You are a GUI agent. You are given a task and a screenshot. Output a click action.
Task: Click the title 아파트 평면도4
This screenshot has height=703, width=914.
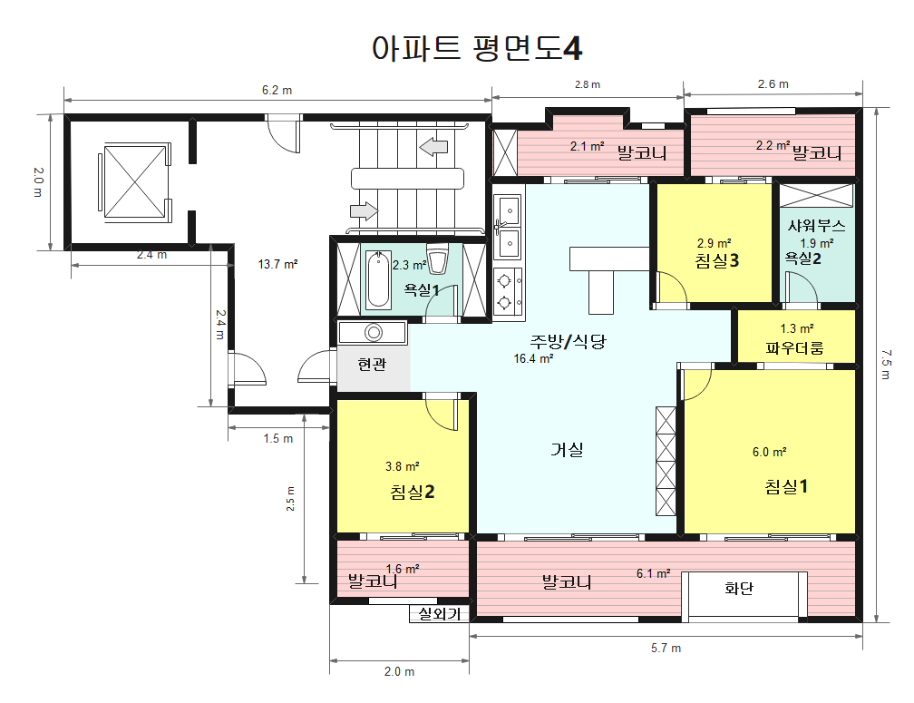pyautogui.click(x=477, y=48)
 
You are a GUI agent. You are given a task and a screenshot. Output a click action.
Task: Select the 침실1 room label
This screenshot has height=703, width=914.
pyautogui.click(x=786, y=486)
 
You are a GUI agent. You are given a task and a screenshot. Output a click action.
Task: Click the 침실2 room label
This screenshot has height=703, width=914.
pyautogui.click(x=413, y=492)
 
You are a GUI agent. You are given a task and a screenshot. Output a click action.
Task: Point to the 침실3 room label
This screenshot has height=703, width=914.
pyautogui.click(x=716, y=261)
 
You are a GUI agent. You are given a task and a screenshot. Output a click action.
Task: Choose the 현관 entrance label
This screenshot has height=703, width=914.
pyautogui.click(x=372, y=365)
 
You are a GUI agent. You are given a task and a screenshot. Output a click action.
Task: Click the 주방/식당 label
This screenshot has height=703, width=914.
pyautogui.click(x=568, y=341)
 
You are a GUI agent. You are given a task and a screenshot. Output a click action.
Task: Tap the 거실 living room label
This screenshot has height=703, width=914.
pyautogui.click(x=567, y=449)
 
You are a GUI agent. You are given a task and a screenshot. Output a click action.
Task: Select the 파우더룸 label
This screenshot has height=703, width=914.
pyautogui.click(x=794, y=347)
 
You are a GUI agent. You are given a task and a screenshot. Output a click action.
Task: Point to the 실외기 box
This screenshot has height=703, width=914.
pyautogui.click(x=440, y=614)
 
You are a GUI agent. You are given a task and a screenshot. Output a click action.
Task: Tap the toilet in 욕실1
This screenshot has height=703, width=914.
pyautogui.click(x=438, y=260)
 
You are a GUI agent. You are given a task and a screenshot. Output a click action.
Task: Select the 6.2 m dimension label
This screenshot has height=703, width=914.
pyautogui.click(x=277, y=90)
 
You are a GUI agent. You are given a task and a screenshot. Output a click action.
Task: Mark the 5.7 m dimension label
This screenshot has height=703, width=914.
pyautogui.click(x=666, y=648)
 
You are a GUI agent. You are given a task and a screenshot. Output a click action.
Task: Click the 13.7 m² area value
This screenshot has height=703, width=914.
pyautogui.click(x=278, y=265)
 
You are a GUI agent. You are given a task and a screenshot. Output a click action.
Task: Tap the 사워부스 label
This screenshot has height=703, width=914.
pyautogui.click(x=816, y=226)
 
